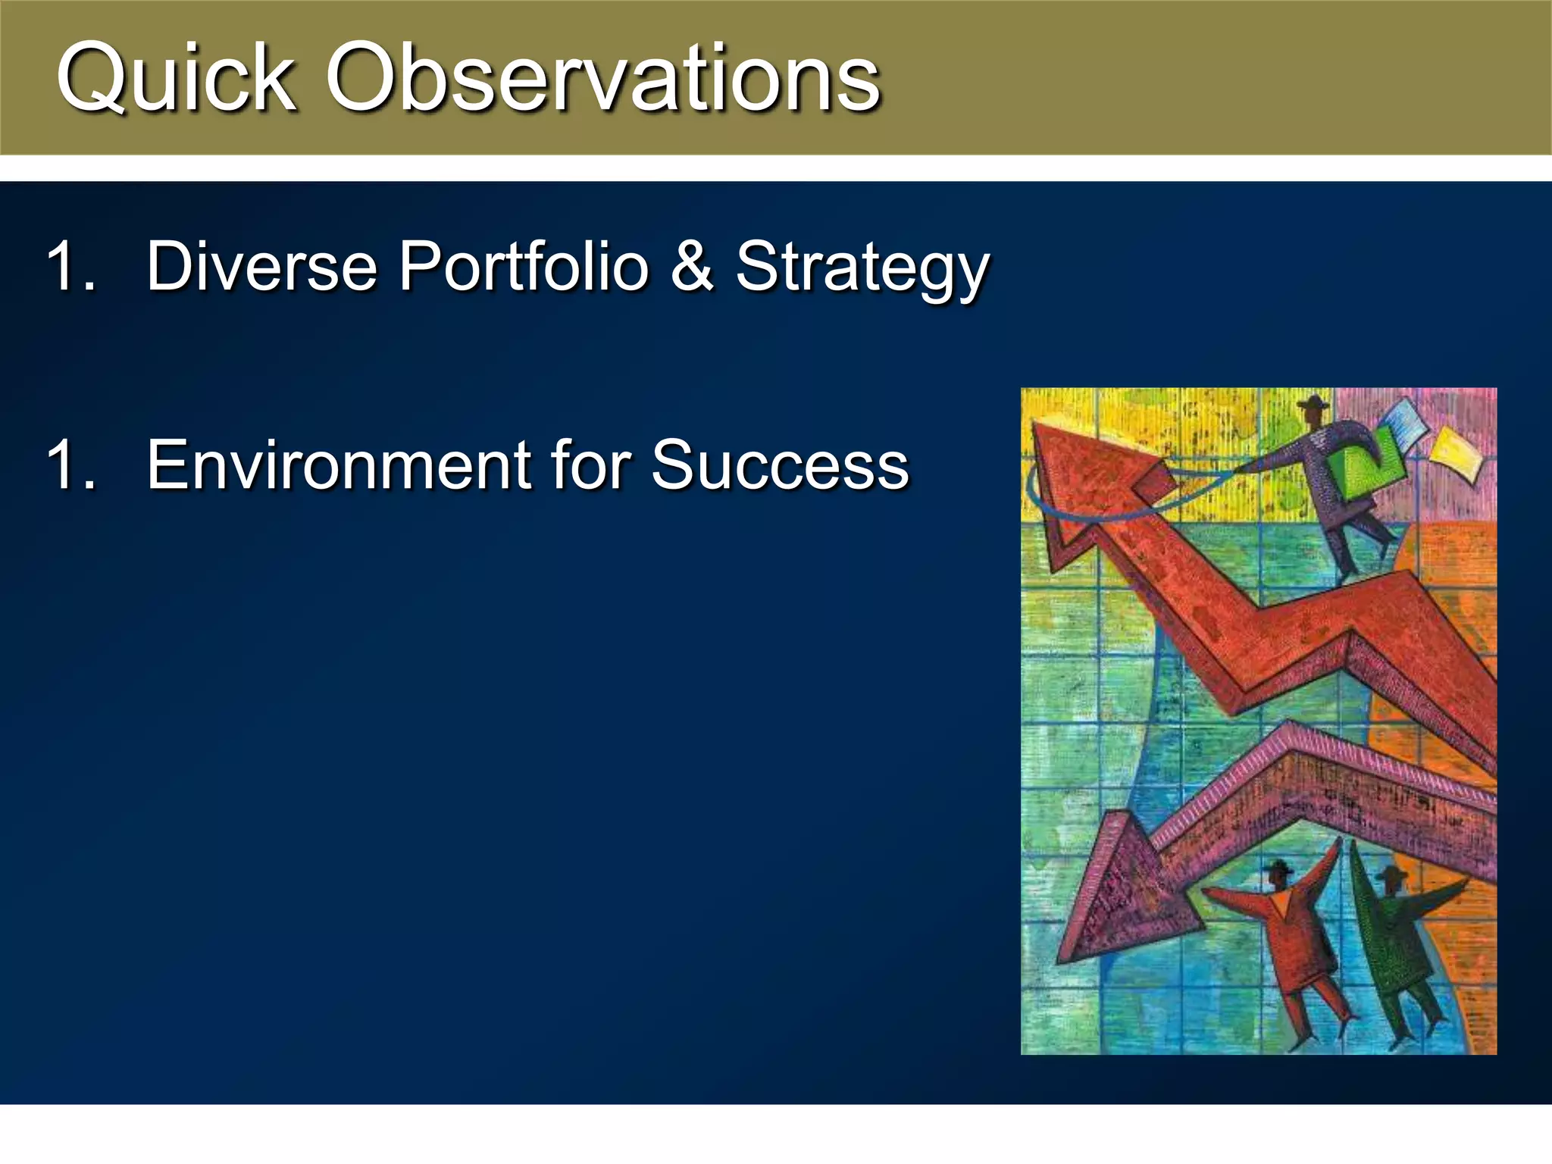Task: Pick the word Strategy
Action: point(862,269)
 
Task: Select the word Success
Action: point(780,465)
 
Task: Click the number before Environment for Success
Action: point(70,465)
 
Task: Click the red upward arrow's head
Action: point(1076,485)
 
